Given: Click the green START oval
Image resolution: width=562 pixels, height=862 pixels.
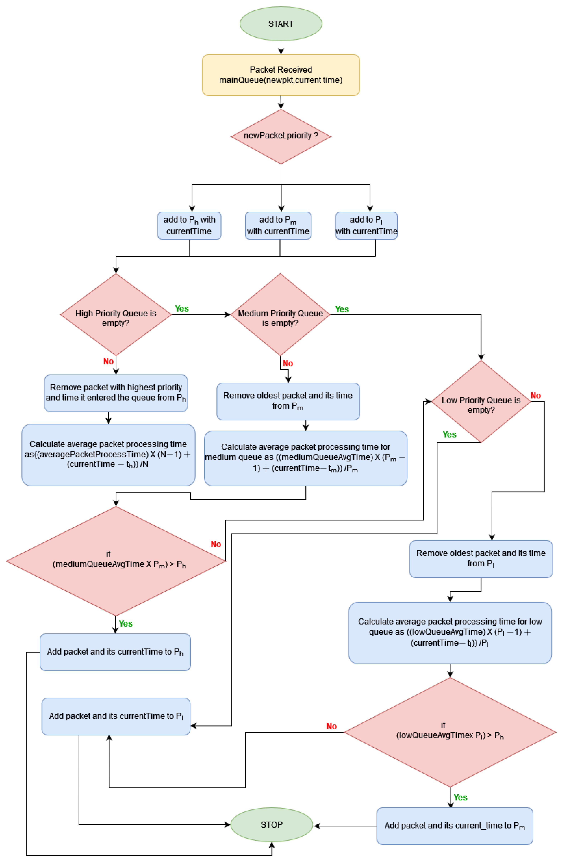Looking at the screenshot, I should coord(281,24).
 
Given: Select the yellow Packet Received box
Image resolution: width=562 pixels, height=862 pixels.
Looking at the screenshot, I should coord(281,75).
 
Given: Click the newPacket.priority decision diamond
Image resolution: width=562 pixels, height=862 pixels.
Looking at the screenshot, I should coord(281,136).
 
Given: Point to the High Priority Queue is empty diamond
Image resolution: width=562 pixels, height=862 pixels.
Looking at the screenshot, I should coord(116,314).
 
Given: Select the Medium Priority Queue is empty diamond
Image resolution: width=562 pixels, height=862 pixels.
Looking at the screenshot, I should coord(280,314).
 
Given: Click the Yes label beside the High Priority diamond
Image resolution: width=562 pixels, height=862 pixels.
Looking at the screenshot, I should coord(182,309).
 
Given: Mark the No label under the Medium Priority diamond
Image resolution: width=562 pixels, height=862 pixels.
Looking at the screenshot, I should coord(288,363).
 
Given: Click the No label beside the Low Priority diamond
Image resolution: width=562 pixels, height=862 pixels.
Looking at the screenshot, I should coord(535,395).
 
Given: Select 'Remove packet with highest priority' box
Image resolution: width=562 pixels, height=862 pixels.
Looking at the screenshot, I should coord(116,393).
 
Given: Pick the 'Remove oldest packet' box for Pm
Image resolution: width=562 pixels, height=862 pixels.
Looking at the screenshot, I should coord(288,401).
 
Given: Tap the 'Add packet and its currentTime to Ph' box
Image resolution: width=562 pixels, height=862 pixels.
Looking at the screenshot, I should coord(115,652).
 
